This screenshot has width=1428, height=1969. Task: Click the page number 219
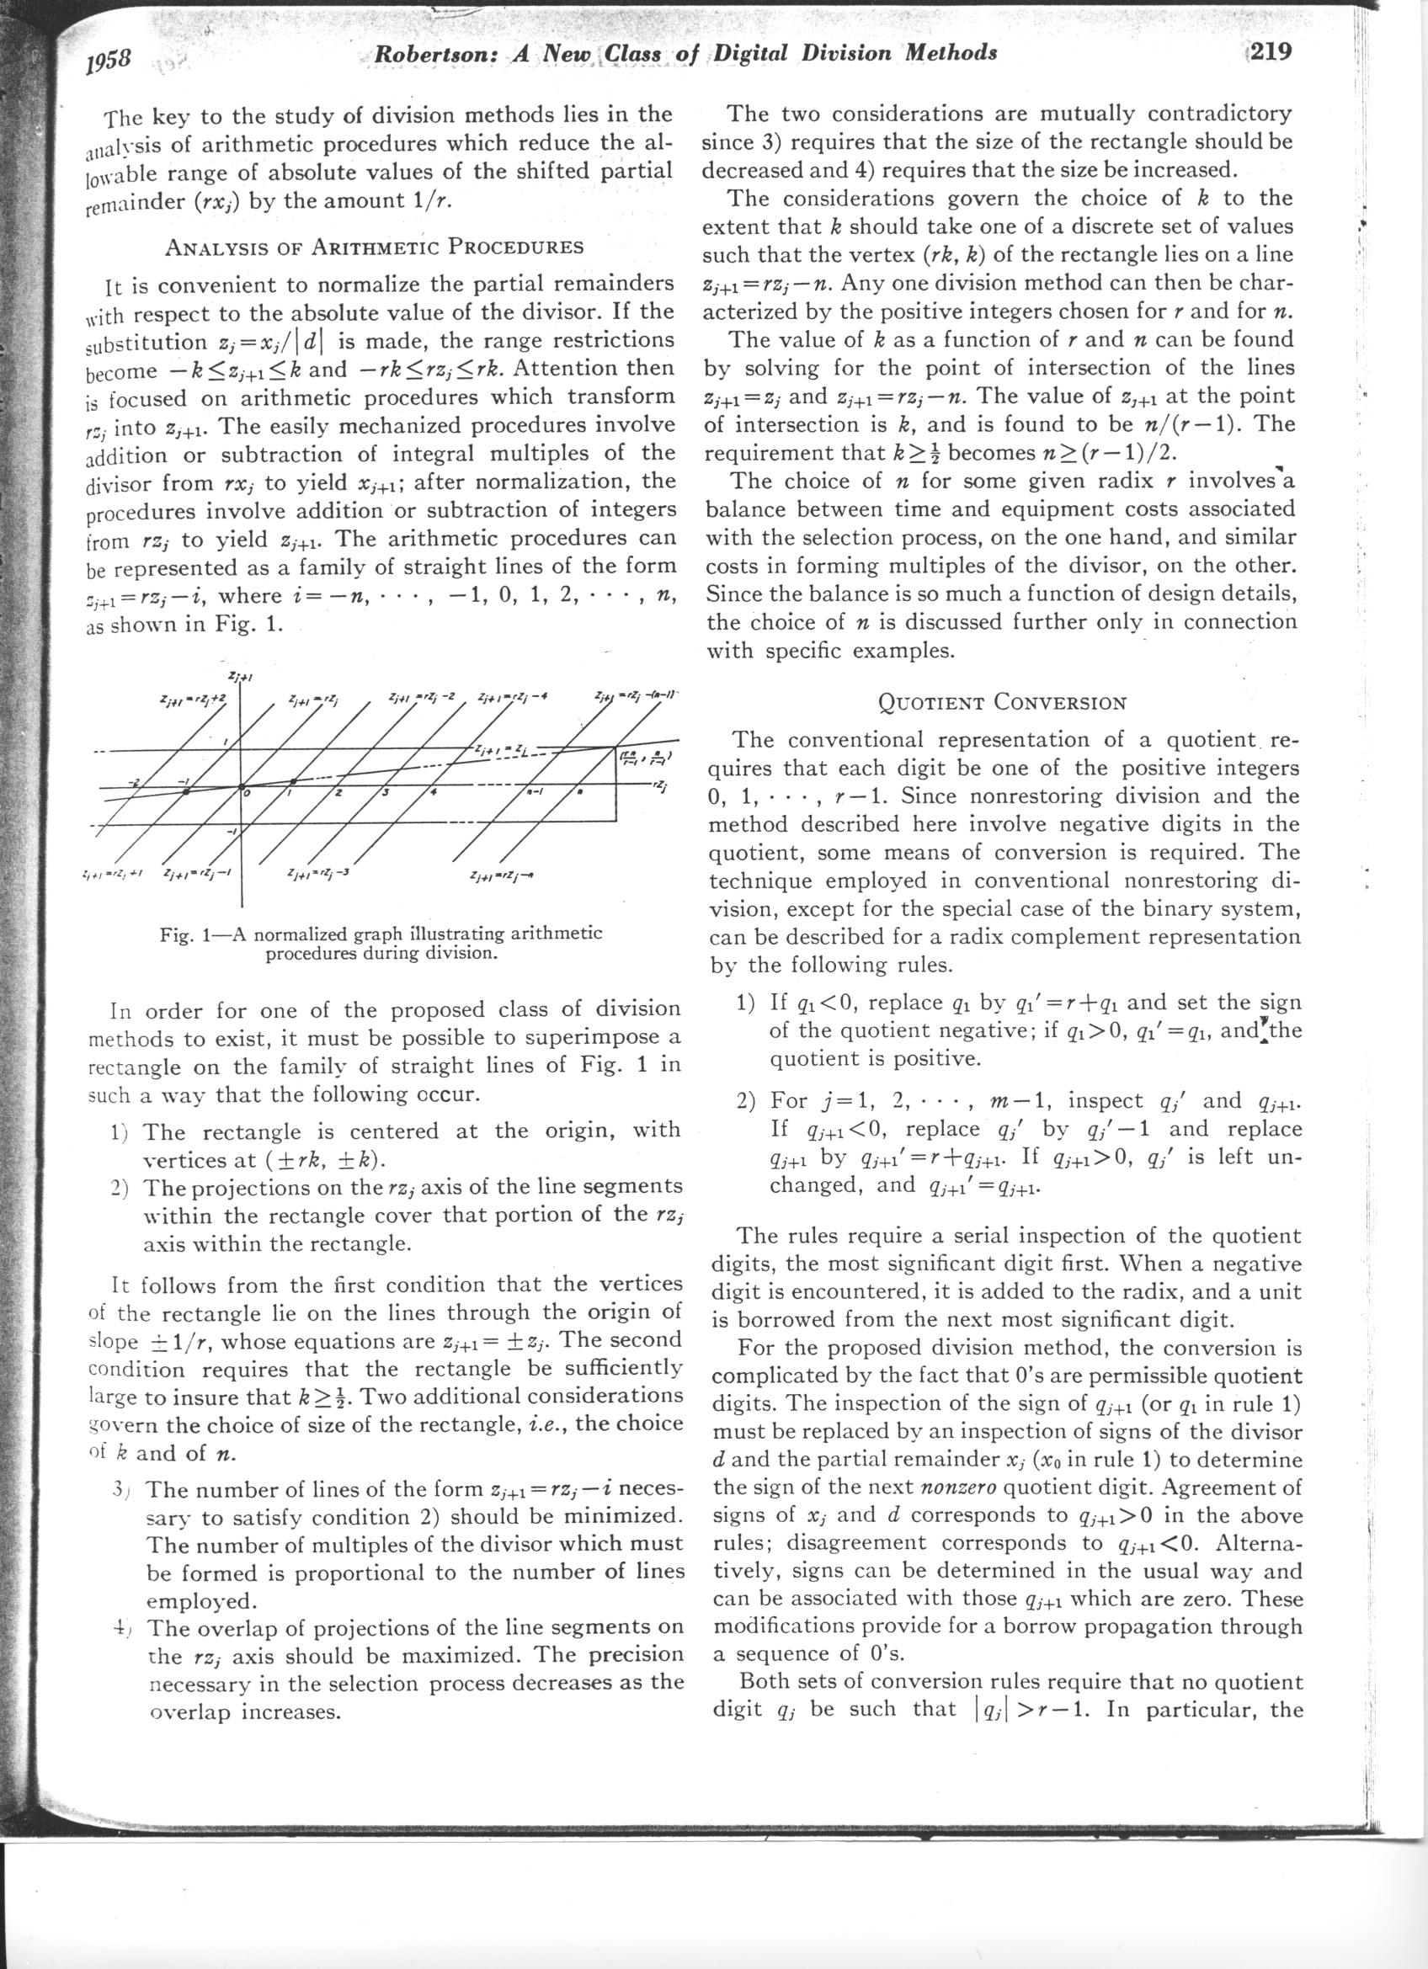point(1268,53)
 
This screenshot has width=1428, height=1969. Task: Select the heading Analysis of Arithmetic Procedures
point(374,247)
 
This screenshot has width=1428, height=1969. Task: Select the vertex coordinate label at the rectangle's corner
point(649,758)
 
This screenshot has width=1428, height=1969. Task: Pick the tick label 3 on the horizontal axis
point(383,795)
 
